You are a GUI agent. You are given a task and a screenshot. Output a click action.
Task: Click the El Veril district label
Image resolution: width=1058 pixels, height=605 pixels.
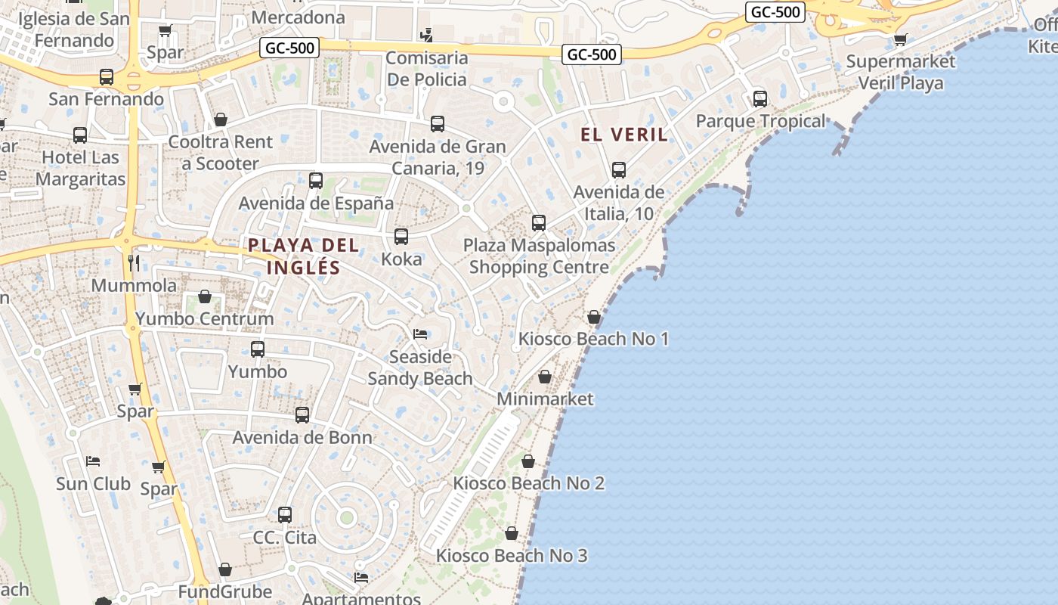624,135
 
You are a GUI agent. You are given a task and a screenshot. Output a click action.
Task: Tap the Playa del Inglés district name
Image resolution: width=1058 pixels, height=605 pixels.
303,256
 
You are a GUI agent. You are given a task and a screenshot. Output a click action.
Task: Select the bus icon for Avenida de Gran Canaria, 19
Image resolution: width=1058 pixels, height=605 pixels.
438,124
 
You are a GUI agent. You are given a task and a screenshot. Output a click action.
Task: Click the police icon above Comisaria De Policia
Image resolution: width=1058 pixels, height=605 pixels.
427,35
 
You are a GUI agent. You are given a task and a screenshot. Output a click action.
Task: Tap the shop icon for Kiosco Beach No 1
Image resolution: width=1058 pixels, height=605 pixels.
594,317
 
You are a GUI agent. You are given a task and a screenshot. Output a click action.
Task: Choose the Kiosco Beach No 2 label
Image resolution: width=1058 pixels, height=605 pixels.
528,483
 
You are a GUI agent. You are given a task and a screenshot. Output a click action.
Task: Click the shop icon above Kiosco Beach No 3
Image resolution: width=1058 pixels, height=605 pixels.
512,534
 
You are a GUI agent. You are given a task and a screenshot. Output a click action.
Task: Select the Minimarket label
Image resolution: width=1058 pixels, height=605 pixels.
545,399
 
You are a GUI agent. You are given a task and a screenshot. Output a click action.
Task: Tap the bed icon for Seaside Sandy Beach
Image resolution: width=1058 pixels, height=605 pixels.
420,334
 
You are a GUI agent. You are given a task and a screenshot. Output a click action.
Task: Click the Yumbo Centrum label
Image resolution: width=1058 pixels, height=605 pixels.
204,318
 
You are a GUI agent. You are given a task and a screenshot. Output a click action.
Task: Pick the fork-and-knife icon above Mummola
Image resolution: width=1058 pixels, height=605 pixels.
134,263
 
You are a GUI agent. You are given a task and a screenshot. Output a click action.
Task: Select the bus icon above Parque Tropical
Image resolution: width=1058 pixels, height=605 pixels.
760,99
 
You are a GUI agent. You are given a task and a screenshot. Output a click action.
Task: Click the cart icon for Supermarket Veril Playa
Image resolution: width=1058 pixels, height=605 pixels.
900,39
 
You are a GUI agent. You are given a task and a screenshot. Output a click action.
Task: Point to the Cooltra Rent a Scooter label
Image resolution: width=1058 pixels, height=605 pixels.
221,153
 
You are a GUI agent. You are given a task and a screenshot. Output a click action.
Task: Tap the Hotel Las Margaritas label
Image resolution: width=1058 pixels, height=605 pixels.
80,169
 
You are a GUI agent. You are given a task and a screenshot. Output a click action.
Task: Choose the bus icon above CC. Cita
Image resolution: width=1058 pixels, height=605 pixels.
285,515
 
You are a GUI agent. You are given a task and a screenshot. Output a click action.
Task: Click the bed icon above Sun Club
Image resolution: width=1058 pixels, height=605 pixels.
93,461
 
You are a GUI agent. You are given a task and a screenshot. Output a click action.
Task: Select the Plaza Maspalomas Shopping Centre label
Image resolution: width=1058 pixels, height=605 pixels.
539,256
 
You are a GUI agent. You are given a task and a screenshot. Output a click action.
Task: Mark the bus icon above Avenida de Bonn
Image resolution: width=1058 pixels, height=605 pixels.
302,414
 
